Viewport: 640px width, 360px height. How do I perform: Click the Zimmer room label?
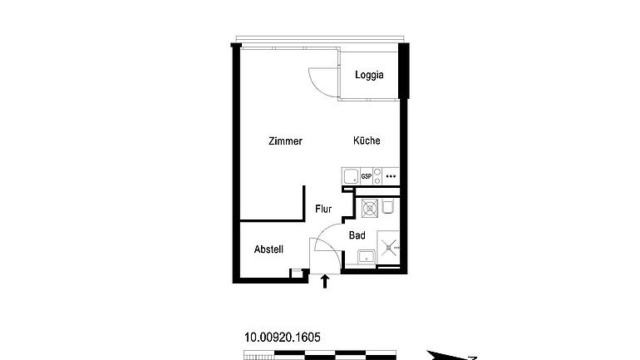[x=285, y=141]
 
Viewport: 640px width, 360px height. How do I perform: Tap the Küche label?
[x=367, y=141]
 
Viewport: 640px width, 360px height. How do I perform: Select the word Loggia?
[x=369, y=75]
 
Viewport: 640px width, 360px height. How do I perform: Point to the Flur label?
[x=323, y=209]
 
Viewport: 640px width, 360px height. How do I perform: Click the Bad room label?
[x=357, y=235]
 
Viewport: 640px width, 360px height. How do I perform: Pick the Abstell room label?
[x=268, y=249]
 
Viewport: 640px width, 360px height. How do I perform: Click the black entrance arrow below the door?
[x=325, y=281]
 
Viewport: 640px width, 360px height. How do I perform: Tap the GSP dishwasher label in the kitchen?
[x=366, y=177]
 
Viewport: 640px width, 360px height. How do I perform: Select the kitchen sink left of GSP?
[x=351, y=176]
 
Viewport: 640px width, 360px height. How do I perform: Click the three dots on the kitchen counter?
[x=391, y=176]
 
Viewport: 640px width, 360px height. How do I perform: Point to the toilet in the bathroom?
[x=387, y=206]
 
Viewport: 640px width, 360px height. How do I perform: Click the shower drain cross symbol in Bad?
[x=388, y=247]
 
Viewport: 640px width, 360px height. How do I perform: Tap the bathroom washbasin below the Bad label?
[x=367, y=257]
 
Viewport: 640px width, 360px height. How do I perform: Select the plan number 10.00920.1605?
[x=283, y=338]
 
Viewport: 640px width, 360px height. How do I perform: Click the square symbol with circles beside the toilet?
[x=369, y=208]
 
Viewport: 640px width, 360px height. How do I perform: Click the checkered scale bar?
[x=320, y=355]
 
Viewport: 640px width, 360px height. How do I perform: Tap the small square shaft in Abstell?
[x=297, y=274]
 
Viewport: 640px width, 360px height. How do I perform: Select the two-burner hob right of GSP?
[x=377, y=176]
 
